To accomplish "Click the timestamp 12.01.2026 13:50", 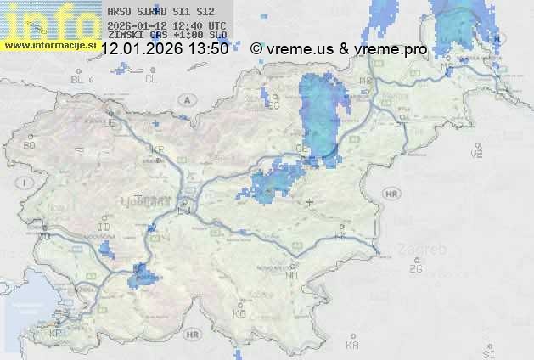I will [164, 49].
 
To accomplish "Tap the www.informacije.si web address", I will [49, 45].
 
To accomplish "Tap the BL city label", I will [79, 79].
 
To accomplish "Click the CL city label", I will [151, 79].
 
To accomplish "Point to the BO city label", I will [29, 145].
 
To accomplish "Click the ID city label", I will [104, 228].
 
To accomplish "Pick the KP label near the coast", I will [55, 334].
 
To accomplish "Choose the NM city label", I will [292, 275].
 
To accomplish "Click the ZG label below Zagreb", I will [415, 269].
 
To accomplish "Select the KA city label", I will [352, 346].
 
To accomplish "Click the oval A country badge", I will [185, 99].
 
